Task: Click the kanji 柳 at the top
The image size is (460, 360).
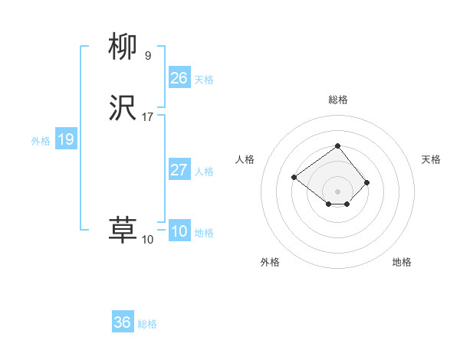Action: click(123, 47)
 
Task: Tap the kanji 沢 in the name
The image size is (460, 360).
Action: click(123, 109)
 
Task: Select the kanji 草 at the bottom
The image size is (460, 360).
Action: click(123, 230)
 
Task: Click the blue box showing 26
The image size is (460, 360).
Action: click(179, 78)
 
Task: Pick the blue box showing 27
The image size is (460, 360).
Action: click(179, 170)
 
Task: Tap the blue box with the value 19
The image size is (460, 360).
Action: click(65, 139)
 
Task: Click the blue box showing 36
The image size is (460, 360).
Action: click(122, 322)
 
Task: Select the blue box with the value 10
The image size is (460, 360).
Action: click(179, 231)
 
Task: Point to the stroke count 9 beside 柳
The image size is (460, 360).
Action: click(148, 55)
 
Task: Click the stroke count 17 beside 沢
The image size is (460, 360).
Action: click(148, 117)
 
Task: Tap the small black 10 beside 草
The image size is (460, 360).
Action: click(147, 240)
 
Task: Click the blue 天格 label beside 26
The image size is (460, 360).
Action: click(204, 80)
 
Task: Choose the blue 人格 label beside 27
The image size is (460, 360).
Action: click(204, 172)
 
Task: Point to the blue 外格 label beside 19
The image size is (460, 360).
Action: click(41, 141)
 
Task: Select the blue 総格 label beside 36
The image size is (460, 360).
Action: click(147, 324)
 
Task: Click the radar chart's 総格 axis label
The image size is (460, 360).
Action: click(338, 100)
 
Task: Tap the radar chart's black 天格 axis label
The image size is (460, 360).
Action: click(432, 159)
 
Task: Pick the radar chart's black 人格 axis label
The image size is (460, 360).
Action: click(245, 159)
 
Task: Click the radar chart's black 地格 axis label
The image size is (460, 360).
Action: click(402, 262)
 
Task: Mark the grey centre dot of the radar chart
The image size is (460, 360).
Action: click(338, 191)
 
